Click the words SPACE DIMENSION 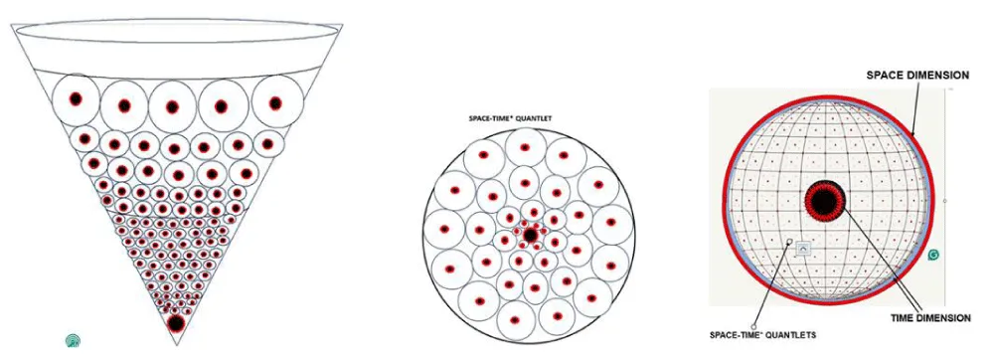pyautogui.click(x=917, y=76)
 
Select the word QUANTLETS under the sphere pyautogui.click(x=795, y=335)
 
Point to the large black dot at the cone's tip pyautogui.click(x=176, y=324)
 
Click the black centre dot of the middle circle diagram pyautogui.click(x=530, y=236)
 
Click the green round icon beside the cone pyautogui.click(x=74, y=340)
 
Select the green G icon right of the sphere pyautogui.click(x=933, y=255)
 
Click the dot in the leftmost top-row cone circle pyautogui.click(x=77, y=99)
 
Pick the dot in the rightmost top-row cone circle pyautogui.click(x=274, y=102)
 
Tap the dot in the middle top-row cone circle pyautogui.click(x=172, y=106)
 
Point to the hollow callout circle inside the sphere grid pyautogui.click(x=790, y=241)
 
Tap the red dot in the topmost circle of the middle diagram pyautogui.click(x=525, y=147)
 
